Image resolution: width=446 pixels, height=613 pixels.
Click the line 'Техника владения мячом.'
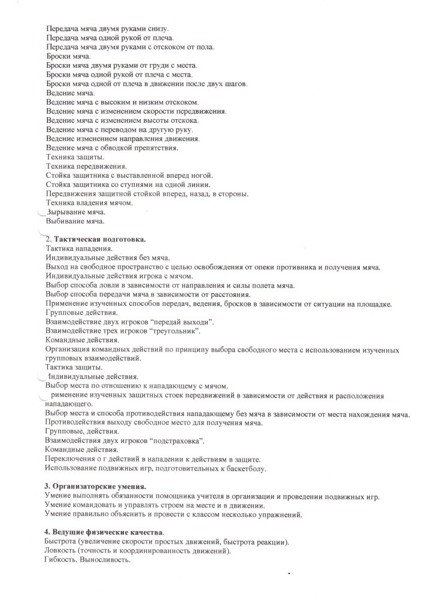pos(89,203)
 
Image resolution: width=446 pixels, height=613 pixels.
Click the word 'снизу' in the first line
pos(157,29)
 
